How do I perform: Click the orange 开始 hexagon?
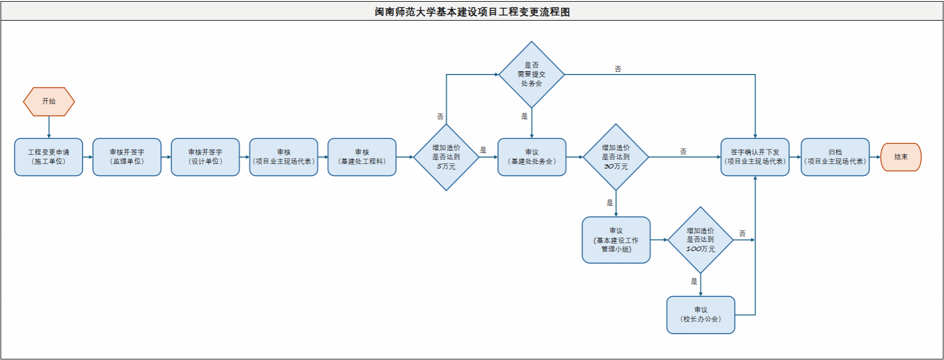pos(49,101)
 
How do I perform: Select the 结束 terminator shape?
pos(900,157)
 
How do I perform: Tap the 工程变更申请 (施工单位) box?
pos(49,157)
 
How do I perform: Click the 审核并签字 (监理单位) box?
pos(127,157)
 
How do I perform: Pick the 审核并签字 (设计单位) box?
pos(205,157)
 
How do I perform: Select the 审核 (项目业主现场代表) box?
pos(283,157)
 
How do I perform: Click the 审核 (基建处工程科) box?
pos(362,157)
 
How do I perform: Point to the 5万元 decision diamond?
pos(446,157)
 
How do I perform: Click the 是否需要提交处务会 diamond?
pos(532,75)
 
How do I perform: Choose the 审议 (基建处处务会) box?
pos(532,157)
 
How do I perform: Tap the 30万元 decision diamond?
pos(616,157)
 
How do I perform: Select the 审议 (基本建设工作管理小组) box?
pos(616,240)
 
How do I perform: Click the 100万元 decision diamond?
pos(700,240)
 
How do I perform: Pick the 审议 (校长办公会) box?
pos(700,315)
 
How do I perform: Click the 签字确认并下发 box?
pos(755,157)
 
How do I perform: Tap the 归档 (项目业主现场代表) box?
pos(835,157)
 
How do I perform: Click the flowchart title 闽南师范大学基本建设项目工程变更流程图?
pos(472,12)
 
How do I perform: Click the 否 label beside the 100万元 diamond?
pos(742,234)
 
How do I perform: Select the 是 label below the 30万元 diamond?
pos(610,203)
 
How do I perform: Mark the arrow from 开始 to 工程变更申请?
pos(49,127)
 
